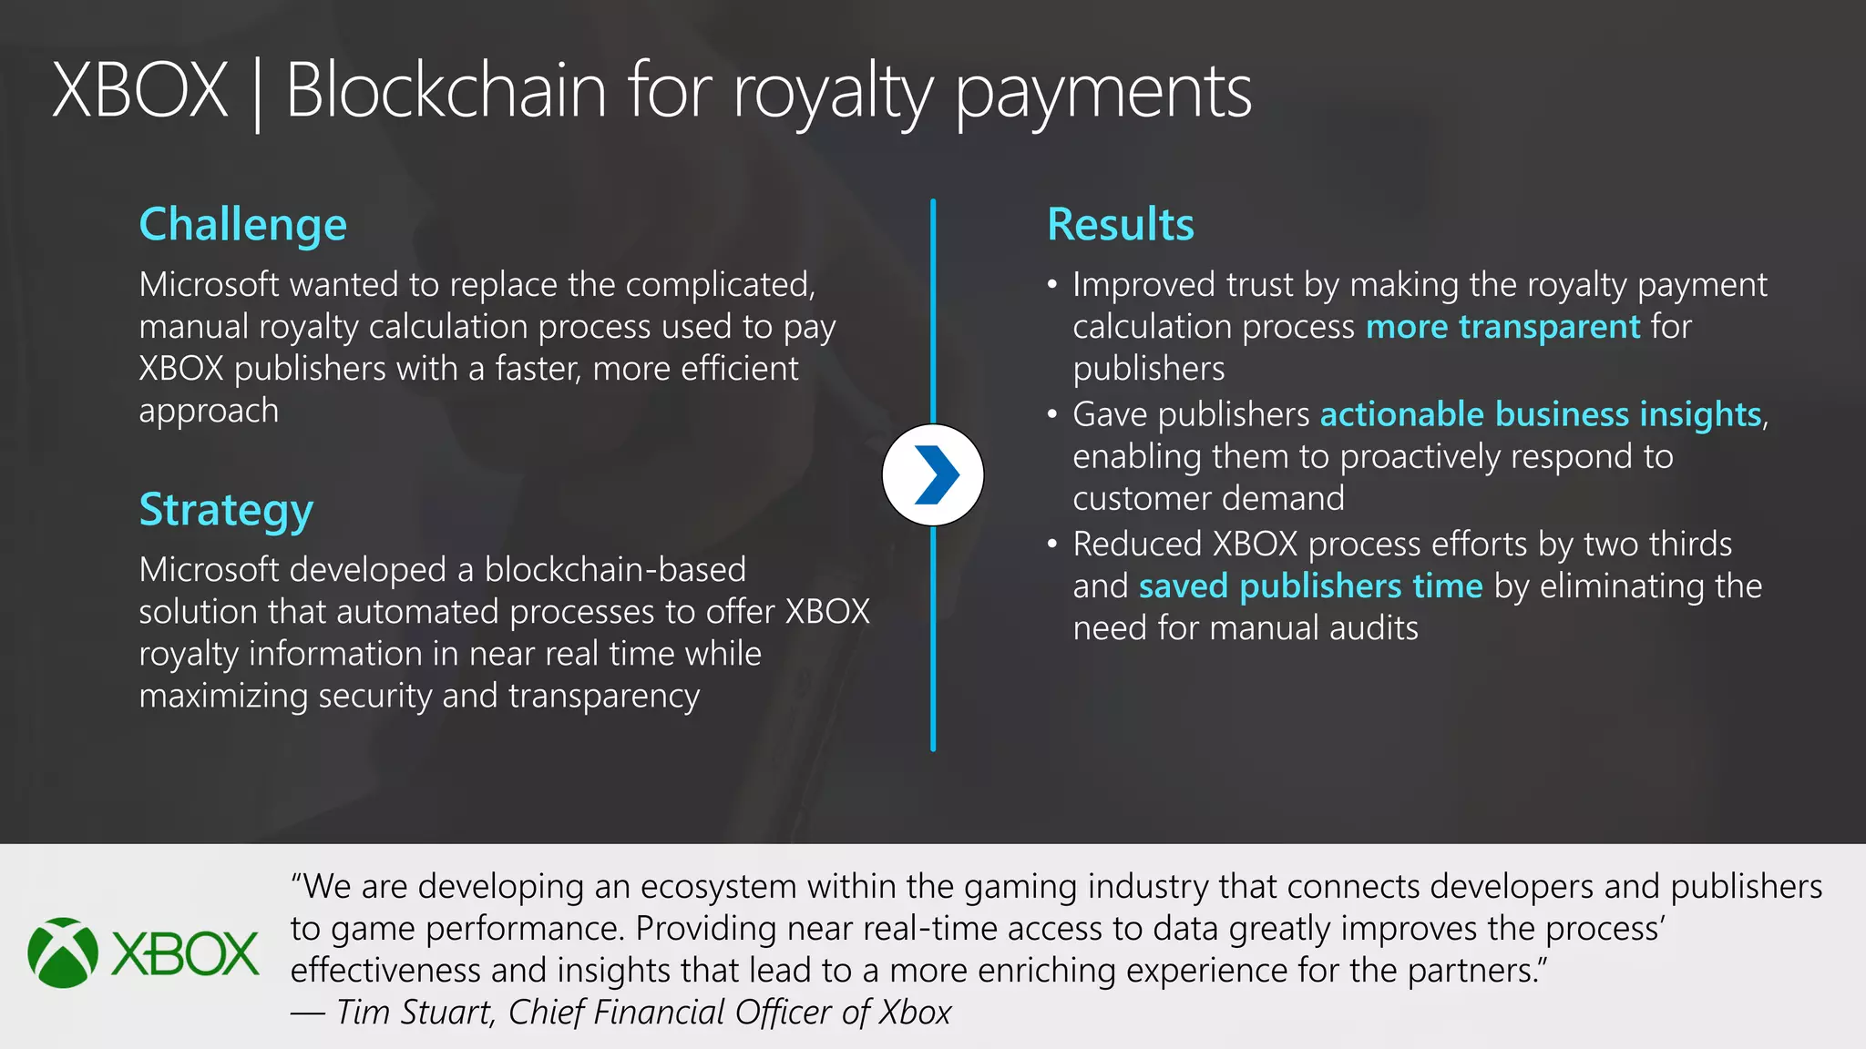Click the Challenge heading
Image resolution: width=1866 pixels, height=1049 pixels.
[x=242, y=225]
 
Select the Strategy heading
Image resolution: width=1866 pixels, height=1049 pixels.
[x=226, y=510]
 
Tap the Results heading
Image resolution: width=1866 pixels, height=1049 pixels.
[x=1120, y=225]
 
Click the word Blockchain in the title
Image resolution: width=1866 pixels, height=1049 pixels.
[x=446, y=91]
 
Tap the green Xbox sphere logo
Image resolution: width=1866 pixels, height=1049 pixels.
[x=63, y=952]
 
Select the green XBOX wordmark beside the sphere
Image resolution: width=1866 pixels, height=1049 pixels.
[x=185, y=954]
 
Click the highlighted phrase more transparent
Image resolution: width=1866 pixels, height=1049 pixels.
[x=1502, y=326]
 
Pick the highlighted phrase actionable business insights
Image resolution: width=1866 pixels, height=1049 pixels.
[x=1540, y=414]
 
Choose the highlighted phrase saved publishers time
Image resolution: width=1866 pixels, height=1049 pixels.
[x=1310, y=586]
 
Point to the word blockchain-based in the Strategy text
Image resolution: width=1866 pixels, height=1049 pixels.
[x=615, y=569]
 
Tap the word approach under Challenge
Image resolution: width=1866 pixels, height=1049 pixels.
[x=209, y=411]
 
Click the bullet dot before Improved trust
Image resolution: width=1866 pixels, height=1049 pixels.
[x=1052, y=285]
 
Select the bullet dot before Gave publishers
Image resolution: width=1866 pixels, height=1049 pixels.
[x=1052, y=415]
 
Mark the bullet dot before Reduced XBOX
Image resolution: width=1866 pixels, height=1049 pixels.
[x=1052, y=545]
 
